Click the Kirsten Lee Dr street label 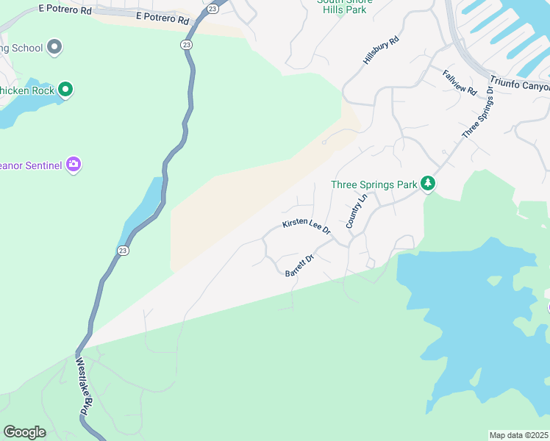[307, 226]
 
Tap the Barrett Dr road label [299, 265]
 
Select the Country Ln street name [357, 212]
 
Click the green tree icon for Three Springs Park [428, 184]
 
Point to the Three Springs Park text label [374, 184]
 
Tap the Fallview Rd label [460, 82]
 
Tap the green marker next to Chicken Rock [65, 90]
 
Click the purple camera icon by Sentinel [73, 164]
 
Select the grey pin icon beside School [53, 48]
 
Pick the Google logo [25, 432]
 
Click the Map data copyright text [519, 435]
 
